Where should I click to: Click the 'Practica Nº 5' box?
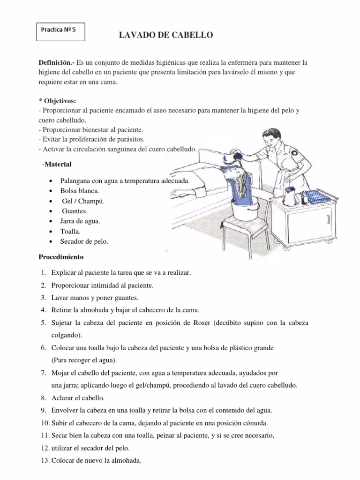pos(60,29)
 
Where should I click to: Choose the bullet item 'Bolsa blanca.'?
pos(80,191)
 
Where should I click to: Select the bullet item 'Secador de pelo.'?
pos(84,241)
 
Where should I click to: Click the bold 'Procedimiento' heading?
pos(61,257)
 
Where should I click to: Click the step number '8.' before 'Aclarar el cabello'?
pos(43,397)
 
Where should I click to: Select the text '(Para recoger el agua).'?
pos(84,360)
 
